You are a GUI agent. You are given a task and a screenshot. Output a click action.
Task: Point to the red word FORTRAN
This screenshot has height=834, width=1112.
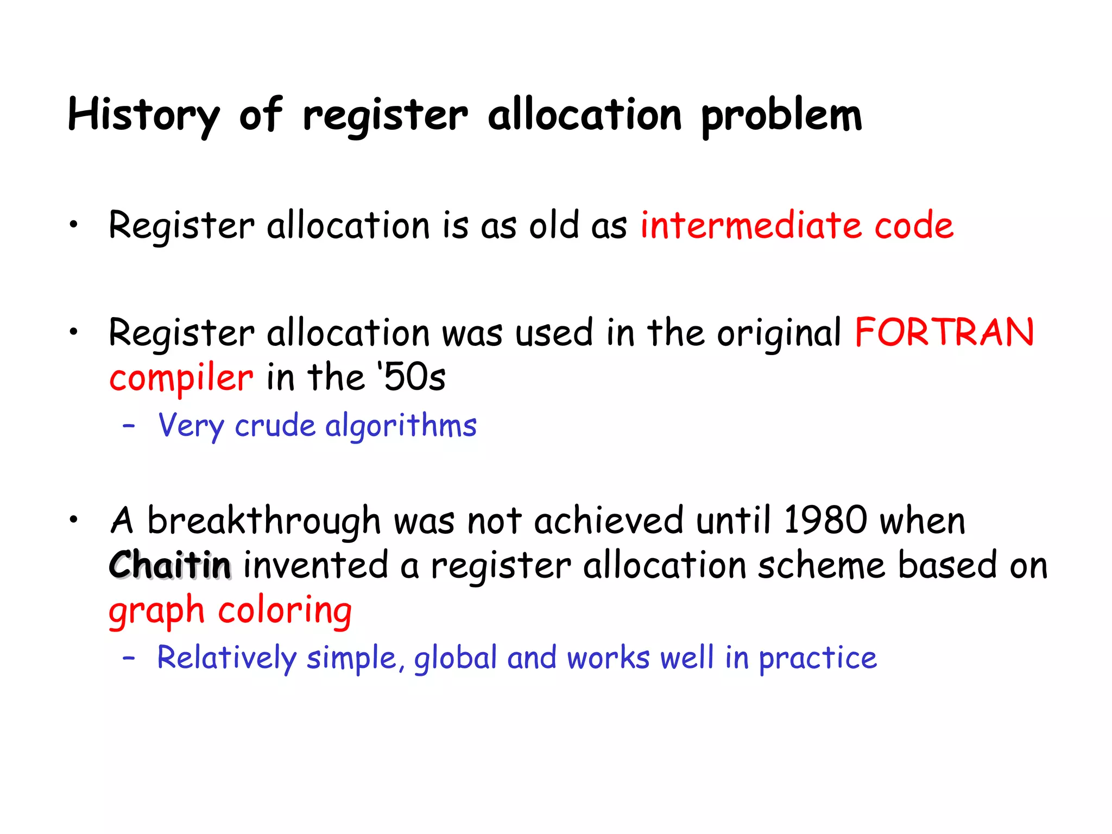944,332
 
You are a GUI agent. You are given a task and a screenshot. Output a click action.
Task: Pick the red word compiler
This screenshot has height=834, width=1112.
181,378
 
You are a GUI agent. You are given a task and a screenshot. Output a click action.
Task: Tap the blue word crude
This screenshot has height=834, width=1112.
275,425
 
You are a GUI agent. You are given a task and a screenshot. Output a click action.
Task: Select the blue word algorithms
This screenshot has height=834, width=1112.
401,425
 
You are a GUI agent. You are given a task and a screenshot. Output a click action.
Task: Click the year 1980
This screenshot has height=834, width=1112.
825,520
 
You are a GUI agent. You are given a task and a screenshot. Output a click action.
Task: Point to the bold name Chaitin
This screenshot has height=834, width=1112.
170,565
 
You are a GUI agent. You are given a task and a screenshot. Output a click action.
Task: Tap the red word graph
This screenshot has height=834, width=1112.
156,611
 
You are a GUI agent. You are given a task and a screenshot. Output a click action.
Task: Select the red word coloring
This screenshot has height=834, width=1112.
285,611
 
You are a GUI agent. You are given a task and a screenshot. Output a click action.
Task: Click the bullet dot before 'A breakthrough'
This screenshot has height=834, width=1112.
73,519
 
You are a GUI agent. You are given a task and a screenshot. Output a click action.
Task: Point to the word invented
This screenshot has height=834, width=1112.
315,565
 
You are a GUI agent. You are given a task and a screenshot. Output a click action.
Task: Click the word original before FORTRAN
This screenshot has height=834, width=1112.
779,333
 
